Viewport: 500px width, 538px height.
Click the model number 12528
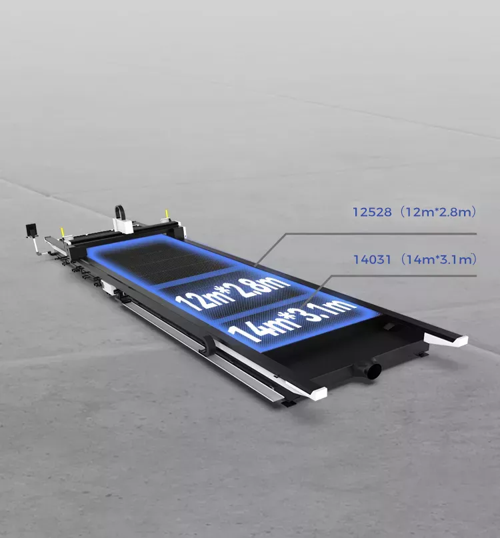coord(372,212)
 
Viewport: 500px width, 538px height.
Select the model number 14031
coord(372,259)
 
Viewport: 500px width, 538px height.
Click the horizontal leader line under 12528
coord(381,233)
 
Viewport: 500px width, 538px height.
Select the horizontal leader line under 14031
coord(404,275)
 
